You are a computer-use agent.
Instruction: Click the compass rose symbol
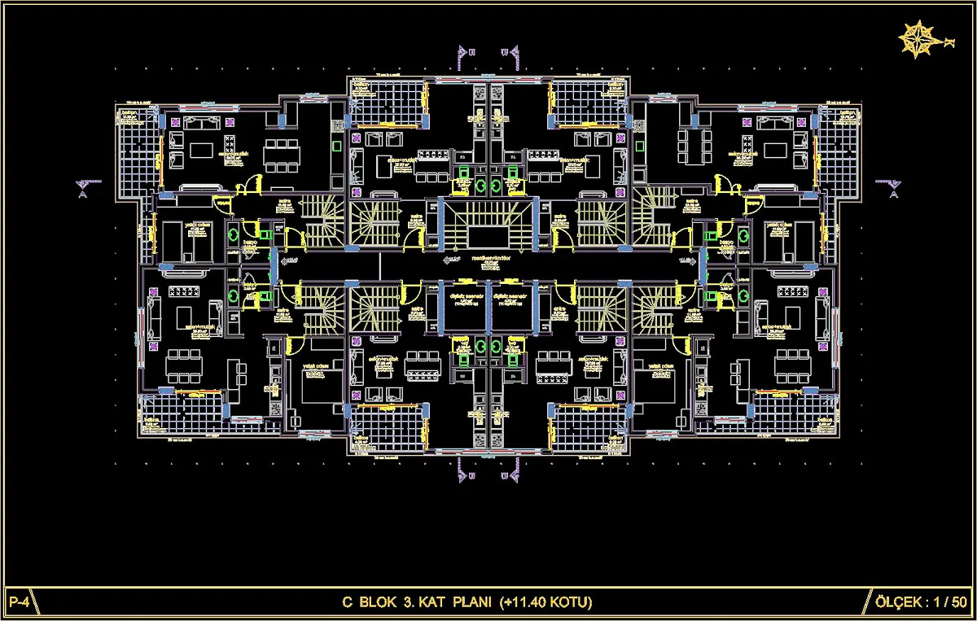(x=917, y=40)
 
